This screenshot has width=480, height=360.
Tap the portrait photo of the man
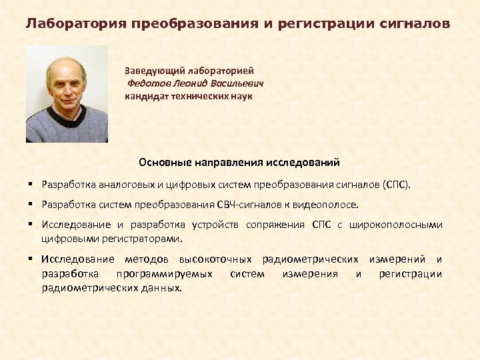click(67, 94)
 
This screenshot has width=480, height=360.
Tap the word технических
click(201, 96)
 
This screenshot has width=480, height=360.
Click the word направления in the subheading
click(227, 162)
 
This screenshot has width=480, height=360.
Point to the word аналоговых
click(125, 183)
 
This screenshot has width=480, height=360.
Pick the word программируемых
click(165, 273)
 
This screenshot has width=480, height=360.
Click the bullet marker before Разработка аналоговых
click(31, 183)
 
